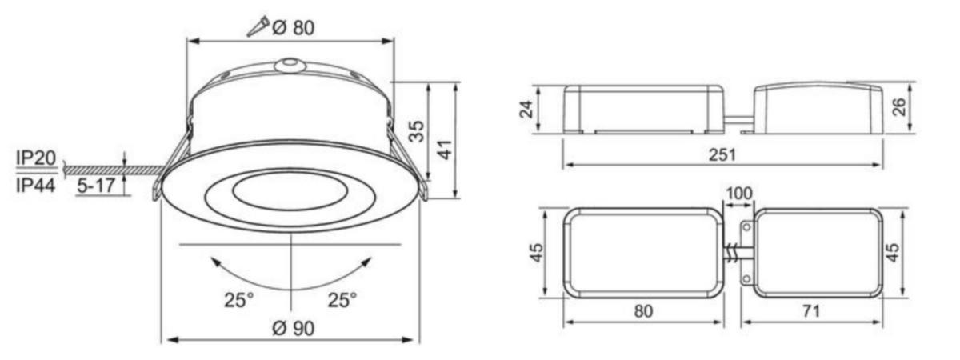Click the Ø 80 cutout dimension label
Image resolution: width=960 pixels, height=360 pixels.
pyautogui.click(x=294, y=28)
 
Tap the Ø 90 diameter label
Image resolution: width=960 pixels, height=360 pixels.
pyautogui.click(x=294, y=328)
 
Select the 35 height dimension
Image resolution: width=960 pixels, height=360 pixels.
pyautogui.click(x=416, y=131)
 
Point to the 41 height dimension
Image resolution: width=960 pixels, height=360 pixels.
pyautogui.click(x=446, y=150)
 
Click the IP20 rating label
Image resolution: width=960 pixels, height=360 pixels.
pyautogui.click(x=36, y=158)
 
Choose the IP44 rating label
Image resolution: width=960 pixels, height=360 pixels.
pyautogui.click(x=36, y=186)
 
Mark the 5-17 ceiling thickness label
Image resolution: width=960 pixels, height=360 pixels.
pyautogui.click(x=97, y=186)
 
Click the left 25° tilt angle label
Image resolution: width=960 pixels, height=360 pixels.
pyautogui.click(x=238, y=299)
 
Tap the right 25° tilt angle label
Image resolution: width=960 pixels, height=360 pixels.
pyautogui.click(x=342, y=299)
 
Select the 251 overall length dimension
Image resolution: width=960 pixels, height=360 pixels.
pyautogui.click(x=722, y=154)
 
